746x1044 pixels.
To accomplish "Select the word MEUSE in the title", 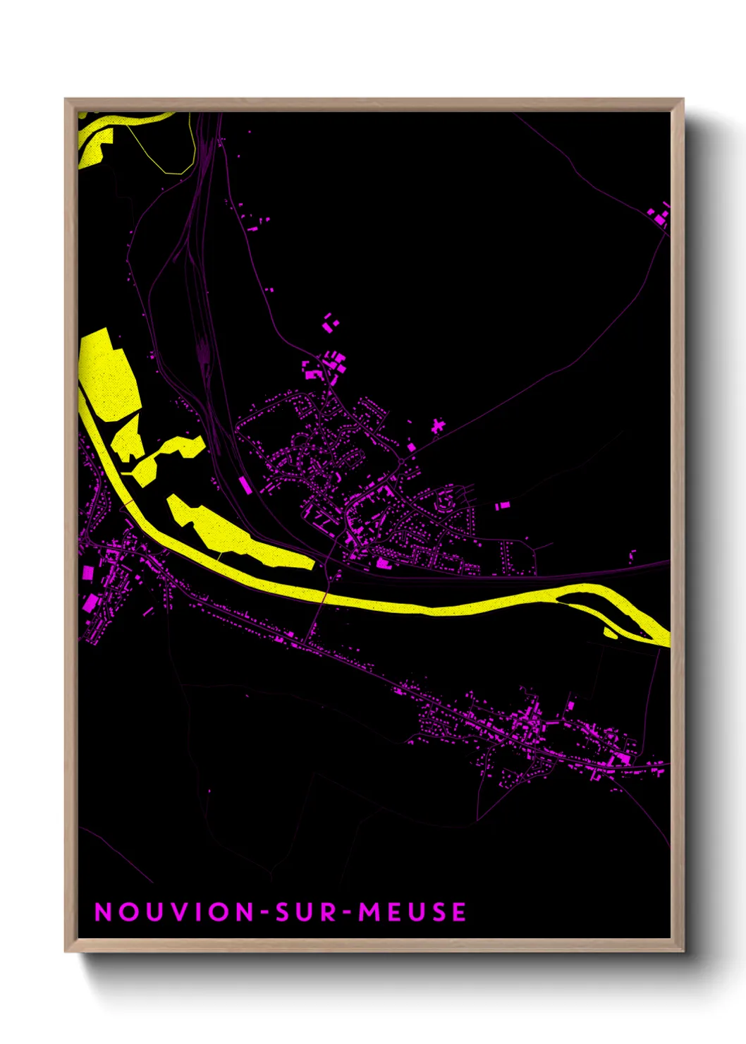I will (412, 912).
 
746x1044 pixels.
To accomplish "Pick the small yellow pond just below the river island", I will (610, 633).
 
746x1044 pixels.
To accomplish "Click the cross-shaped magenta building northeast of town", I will (438, 425).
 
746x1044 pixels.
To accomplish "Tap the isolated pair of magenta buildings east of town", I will (501, 506).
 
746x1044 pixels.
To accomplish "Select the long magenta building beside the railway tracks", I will (245, 485).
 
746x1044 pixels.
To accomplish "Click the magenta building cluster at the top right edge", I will (661, 215).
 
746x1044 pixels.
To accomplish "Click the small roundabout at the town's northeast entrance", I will (401, 461).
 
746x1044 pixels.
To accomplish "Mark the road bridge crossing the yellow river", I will (324, 597).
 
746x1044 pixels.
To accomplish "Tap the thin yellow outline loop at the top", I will (169, 152).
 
